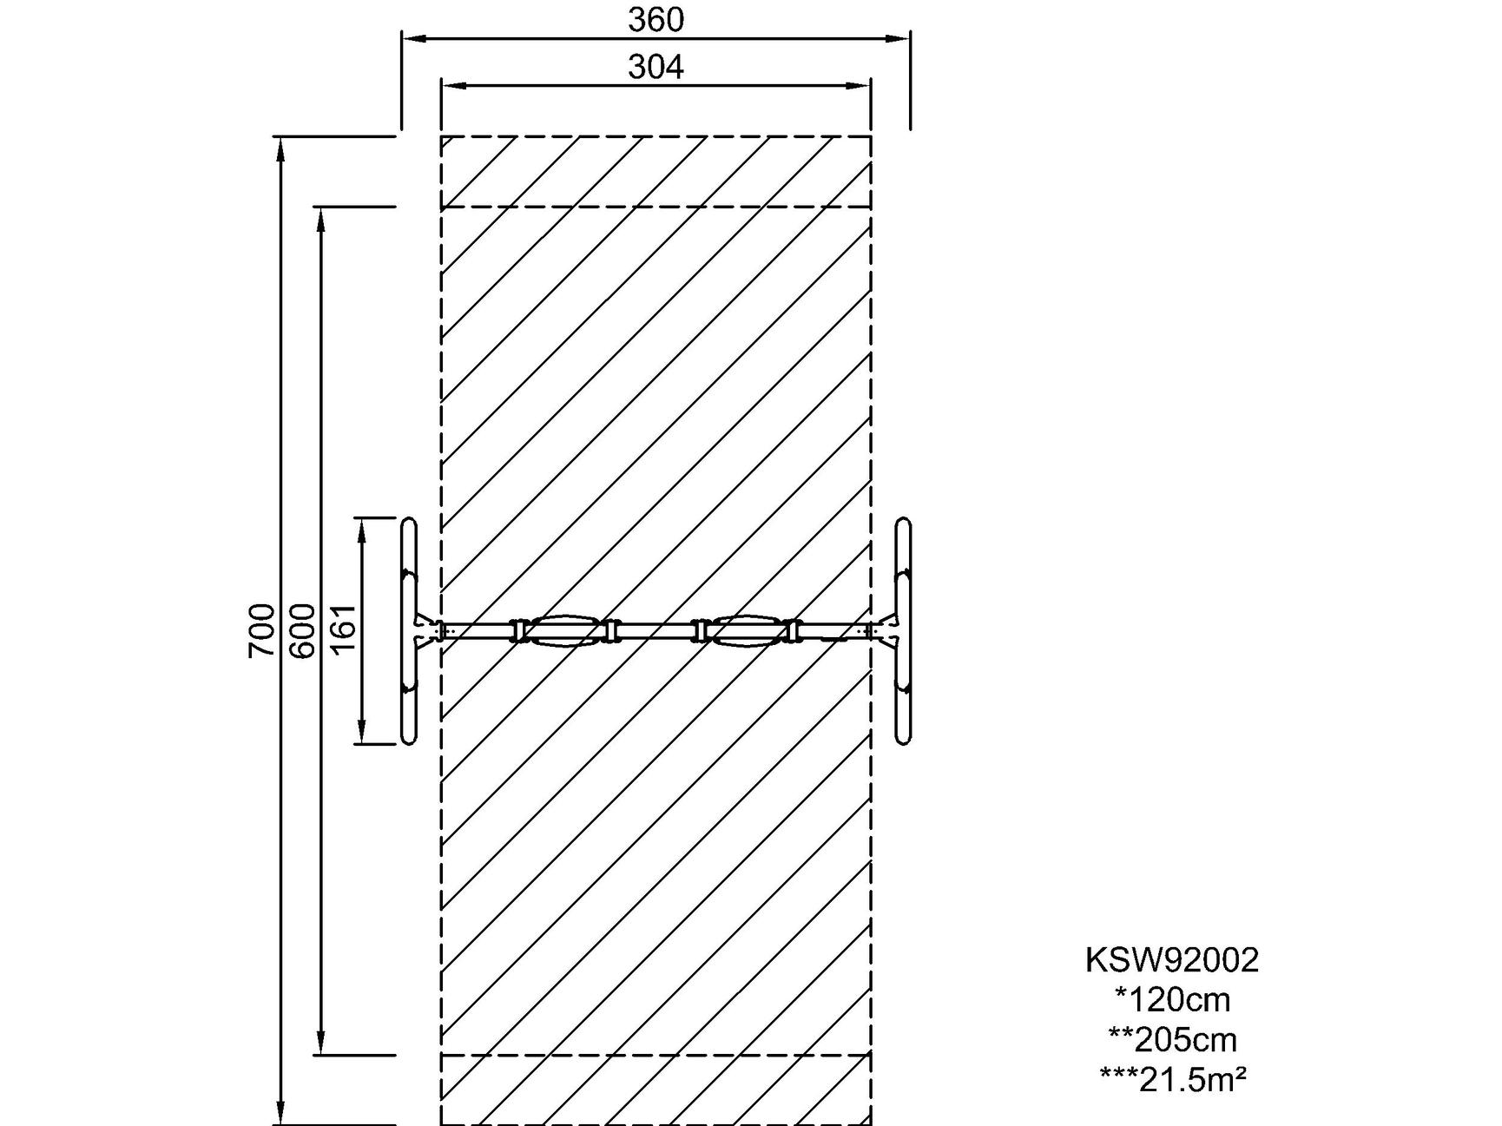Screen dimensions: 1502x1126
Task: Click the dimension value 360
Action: point(655,19)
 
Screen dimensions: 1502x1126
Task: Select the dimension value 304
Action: point(655,66)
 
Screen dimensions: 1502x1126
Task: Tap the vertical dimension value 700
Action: point(261,630)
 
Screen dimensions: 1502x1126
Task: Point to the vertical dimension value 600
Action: point(302,630)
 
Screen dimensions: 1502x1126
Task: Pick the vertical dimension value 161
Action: point(343,629)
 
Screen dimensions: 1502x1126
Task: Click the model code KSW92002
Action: point(1172,960)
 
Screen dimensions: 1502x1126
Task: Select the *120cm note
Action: point(1173,1000)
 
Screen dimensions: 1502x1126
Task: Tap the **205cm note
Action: point(1173,1039)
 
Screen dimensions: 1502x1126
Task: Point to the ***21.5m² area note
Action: point(1173,1079)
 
